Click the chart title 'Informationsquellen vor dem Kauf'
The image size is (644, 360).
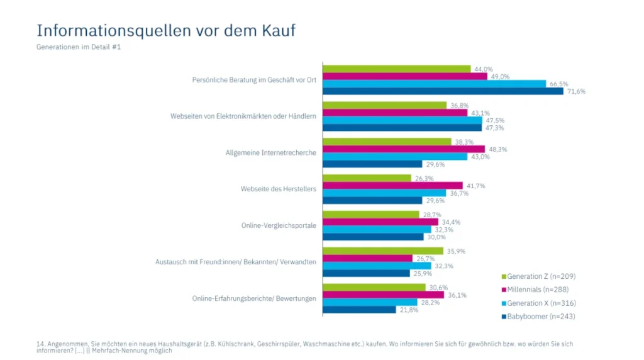(x=165, y=30)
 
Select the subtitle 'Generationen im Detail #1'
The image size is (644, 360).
(x=78, y=47)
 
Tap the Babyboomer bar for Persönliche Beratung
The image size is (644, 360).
(x=443, y=91)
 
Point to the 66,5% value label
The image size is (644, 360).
(x=559, y=84)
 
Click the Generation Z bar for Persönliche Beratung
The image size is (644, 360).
(x=396, y=69)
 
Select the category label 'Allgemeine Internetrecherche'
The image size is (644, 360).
(x=270, y=153)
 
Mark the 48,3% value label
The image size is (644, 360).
(x=497, y=149)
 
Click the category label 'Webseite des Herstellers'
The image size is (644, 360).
(x=278, y=189)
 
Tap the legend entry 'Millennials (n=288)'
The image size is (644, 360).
(x=538, y=289)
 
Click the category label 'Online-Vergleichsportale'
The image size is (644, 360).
(x=278, y=225)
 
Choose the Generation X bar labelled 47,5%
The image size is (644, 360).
(x=402, y=120)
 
